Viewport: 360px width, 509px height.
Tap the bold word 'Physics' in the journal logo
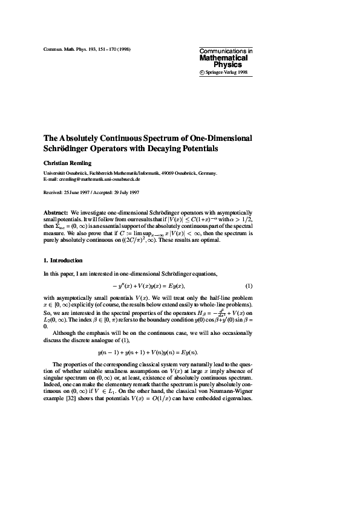[228, 64]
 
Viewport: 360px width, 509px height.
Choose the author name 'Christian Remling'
[69, 163]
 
